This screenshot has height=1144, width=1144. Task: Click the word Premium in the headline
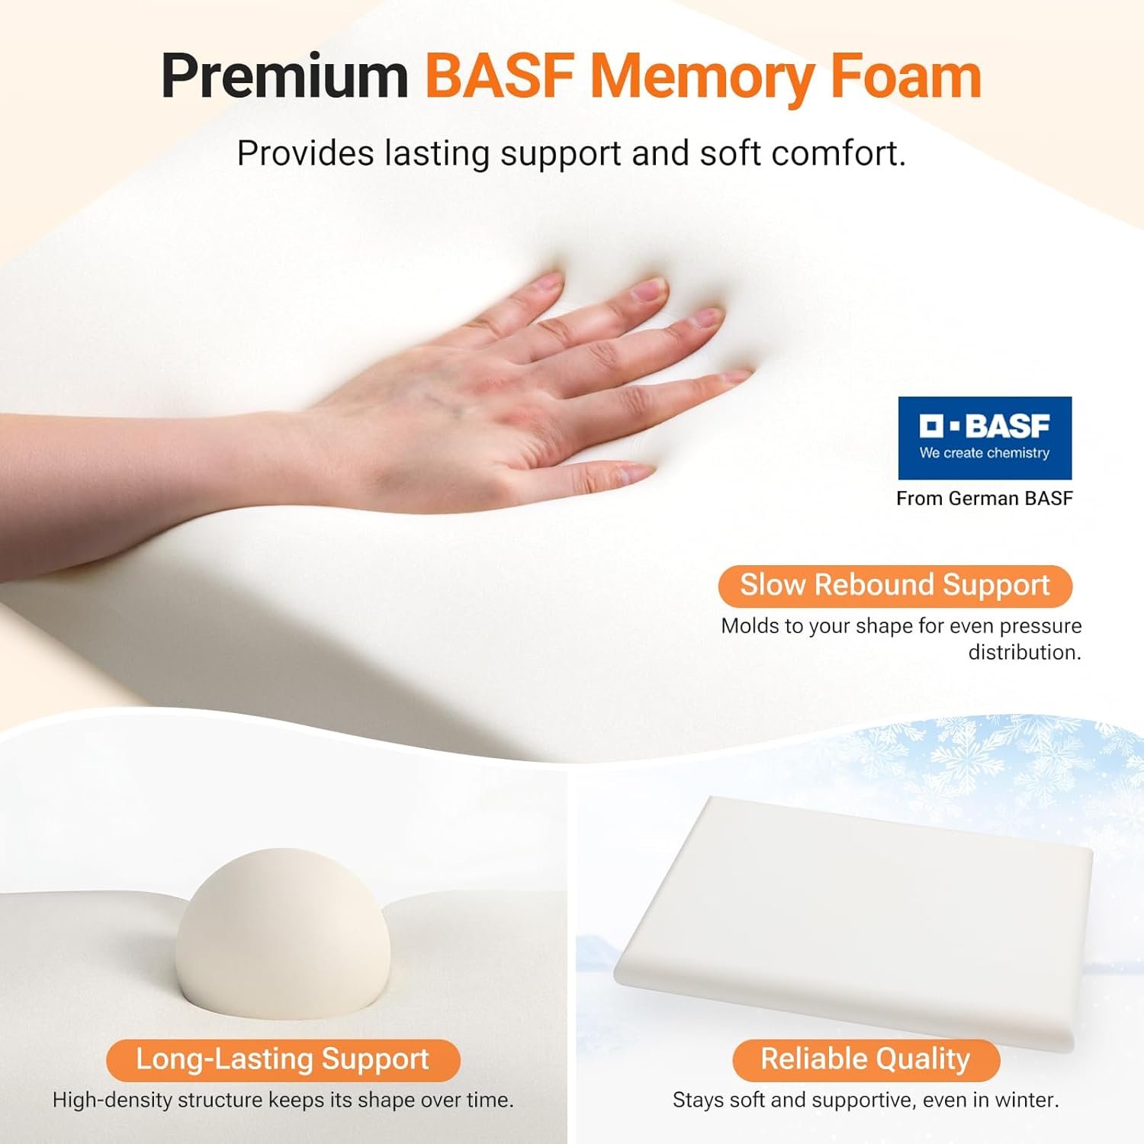pyautogui.click(x=284, y=77)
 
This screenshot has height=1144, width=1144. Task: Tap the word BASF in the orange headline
pyautogui.click(x=500, y=76)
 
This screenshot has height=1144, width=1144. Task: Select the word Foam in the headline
pyautogui.click(x=905, y=76)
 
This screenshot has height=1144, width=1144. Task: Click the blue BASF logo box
pyautogui.click(x=985, y=438)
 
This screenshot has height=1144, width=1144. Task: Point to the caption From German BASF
pyautogui.click(x=984, y=498)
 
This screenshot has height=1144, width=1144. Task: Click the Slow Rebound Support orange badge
pyautogui.click(x=895, y=586)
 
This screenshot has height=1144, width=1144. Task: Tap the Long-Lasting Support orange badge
pyautogui.click(x=283, y=1060)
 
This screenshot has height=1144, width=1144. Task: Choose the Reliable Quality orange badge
pyautogui.click(x=866, y=1060)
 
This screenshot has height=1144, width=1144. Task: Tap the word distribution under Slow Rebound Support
pyautogui.click(x=1024, y=653)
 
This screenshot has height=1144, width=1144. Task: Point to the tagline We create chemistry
pyautogui.click(x=985, y=453)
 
